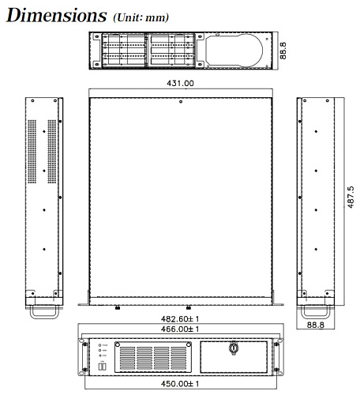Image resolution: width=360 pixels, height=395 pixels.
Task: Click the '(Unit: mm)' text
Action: [141, 17]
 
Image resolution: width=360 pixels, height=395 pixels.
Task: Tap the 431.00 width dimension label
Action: [181, 82]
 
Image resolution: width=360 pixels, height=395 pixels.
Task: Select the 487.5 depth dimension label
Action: [351, 197]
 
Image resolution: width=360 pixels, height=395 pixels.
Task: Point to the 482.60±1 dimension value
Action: [181, 318]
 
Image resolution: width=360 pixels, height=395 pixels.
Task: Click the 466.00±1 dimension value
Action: [181, 329]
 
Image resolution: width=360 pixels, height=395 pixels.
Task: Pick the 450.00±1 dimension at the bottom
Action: [181, 384]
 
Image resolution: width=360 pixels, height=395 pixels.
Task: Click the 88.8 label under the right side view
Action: [315, 324]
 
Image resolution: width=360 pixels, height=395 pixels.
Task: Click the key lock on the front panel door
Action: [233, 348]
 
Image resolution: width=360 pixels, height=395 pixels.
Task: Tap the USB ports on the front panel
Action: [102, 367]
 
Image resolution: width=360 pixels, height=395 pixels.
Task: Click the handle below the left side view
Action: [44, 311]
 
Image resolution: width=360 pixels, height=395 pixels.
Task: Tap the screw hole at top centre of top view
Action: [182, 100]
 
